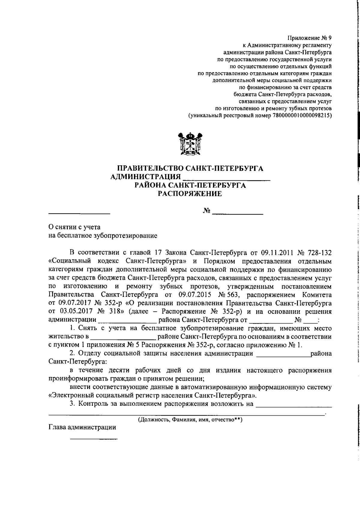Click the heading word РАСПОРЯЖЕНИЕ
point(190,194)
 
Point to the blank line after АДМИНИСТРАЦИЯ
point(226,178)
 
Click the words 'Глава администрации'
point(82,427)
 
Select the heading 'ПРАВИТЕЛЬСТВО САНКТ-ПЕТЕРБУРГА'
point(190,168)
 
